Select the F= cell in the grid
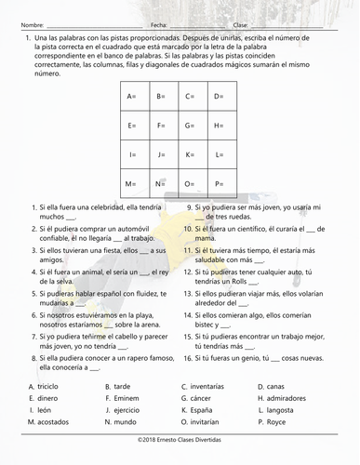161,126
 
